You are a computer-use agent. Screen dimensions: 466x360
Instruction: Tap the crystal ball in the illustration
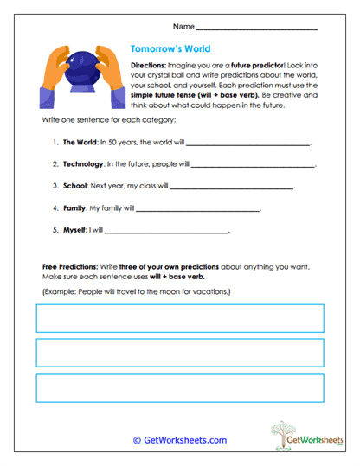74,67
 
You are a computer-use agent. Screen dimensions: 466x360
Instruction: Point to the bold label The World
79,141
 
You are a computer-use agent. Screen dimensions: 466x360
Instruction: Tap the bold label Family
74,207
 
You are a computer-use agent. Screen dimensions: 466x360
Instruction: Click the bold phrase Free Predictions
68,267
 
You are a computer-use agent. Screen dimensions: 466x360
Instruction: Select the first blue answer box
180,319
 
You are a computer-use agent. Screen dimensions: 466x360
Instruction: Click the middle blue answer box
180,353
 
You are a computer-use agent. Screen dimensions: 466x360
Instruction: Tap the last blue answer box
180,387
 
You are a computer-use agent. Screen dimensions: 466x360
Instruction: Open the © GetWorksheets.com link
180,439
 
